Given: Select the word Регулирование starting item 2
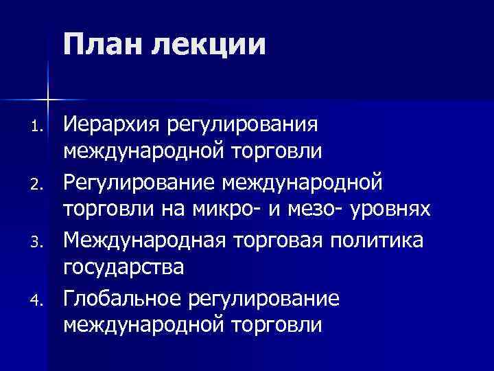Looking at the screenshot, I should [141, 183].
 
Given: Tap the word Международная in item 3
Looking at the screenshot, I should [148, 240].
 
